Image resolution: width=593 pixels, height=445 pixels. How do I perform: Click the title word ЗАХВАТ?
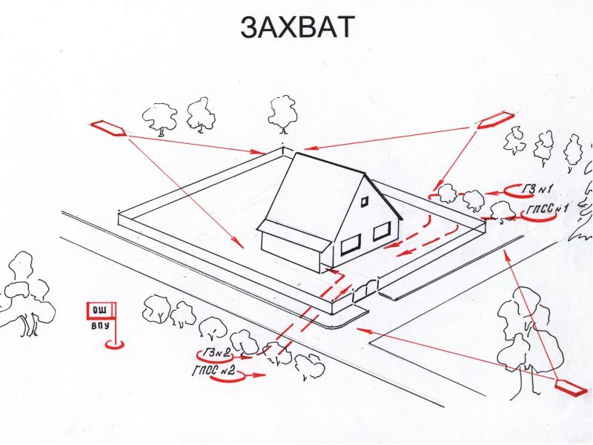298,27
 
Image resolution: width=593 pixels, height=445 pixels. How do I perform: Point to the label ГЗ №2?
216,353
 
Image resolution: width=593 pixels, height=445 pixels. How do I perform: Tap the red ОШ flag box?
101,311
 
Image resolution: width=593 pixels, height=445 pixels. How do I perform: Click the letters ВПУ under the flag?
101,325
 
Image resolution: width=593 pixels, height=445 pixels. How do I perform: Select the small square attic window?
365,201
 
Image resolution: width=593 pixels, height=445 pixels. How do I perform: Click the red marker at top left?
108,128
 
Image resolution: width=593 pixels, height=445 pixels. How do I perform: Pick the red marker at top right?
496,120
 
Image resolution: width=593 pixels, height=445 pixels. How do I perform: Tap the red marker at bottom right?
572,388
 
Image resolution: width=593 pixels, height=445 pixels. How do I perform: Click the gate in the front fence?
365,291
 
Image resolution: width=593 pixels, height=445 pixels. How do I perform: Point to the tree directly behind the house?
282,113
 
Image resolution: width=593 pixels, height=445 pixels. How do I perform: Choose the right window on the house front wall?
382,231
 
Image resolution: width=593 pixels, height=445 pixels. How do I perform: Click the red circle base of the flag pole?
114,343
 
